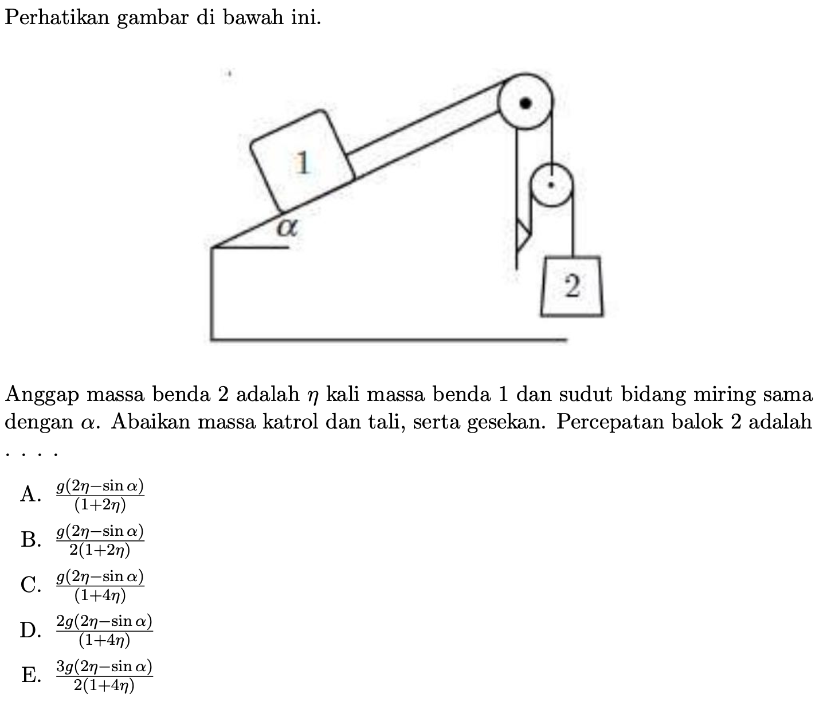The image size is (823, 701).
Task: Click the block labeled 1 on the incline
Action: click(x=302, y=162)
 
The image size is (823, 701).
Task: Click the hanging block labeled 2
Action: click(x=571, y=286)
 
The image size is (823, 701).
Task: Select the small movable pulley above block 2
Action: click(x=551, y=185)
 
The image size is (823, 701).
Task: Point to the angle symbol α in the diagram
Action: click(x=287, y=228)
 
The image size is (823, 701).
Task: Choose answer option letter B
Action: click(x=30, y=540)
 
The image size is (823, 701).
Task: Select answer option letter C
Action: click(x=30, y=585)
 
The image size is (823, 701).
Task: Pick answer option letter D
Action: click(x=30, y=630)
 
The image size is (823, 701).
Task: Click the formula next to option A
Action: click(x=100, y=494)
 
